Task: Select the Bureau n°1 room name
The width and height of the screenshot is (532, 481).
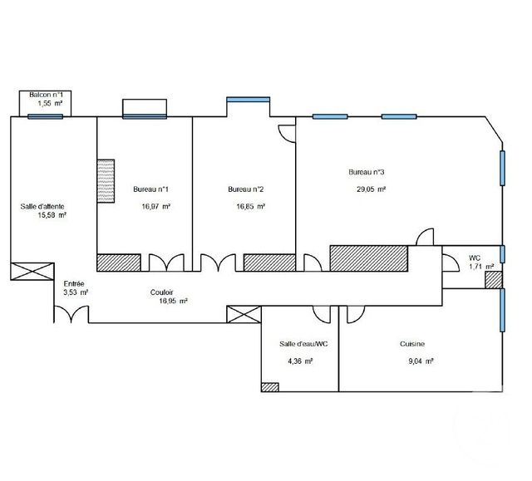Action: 151,189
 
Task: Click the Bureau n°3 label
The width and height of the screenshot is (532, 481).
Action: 366,172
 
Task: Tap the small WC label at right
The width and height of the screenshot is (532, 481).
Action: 475,258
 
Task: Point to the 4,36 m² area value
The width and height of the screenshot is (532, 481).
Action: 299,361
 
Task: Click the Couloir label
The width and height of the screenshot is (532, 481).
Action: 162,292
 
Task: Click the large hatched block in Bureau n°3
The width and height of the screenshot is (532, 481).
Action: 369,258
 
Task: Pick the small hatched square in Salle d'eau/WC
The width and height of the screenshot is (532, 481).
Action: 269,385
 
